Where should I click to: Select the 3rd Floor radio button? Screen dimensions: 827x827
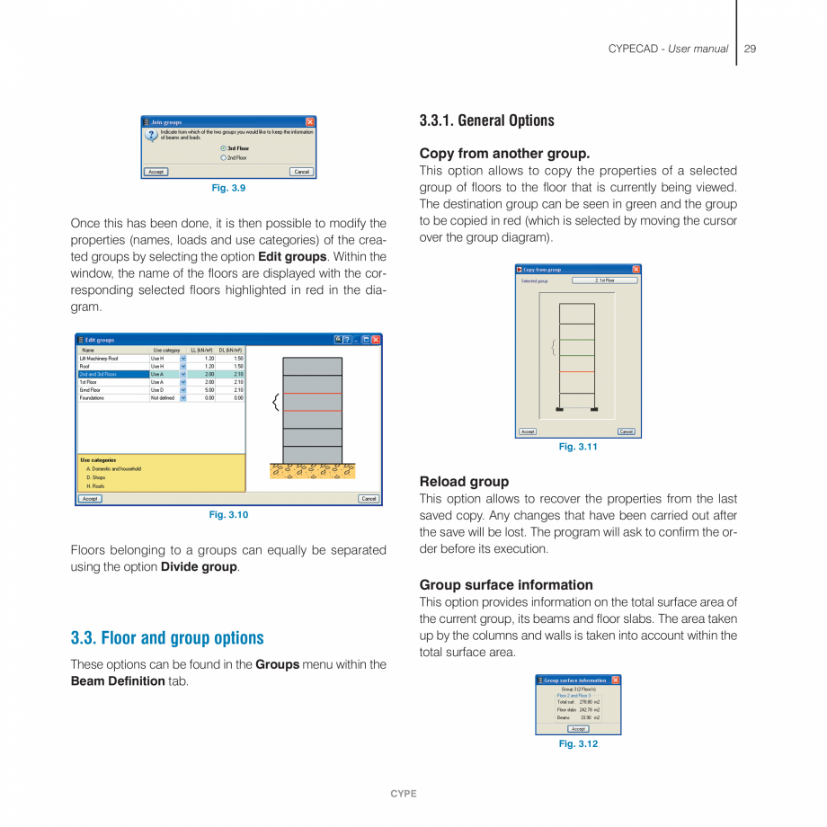coord(223,148)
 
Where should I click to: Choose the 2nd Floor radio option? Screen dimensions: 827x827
coord(223,157)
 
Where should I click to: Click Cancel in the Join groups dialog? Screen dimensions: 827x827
coord(301,172)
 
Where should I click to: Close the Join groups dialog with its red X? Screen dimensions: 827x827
coord(310,121)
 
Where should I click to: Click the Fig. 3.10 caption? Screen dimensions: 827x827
coord(228,515)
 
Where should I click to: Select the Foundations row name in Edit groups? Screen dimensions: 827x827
coord(93,397)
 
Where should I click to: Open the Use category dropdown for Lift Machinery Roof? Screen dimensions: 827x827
coord(183,358)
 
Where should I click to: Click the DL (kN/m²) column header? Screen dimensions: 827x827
coord(231,350)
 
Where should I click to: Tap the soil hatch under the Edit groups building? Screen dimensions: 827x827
coord(312,471)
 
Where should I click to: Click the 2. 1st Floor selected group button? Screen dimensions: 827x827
coord(605,280)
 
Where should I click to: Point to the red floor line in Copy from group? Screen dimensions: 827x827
coord(577,371)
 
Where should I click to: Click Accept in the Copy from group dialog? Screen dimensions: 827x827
coord(528,431)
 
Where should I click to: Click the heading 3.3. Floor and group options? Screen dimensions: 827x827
coord(167,638)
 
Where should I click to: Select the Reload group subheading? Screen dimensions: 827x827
coord(464,482)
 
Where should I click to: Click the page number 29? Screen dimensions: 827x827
coord(750,49)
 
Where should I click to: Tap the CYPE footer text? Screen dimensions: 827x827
coord(404,794)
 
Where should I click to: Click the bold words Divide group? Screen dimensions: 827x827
coord(199,567)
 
